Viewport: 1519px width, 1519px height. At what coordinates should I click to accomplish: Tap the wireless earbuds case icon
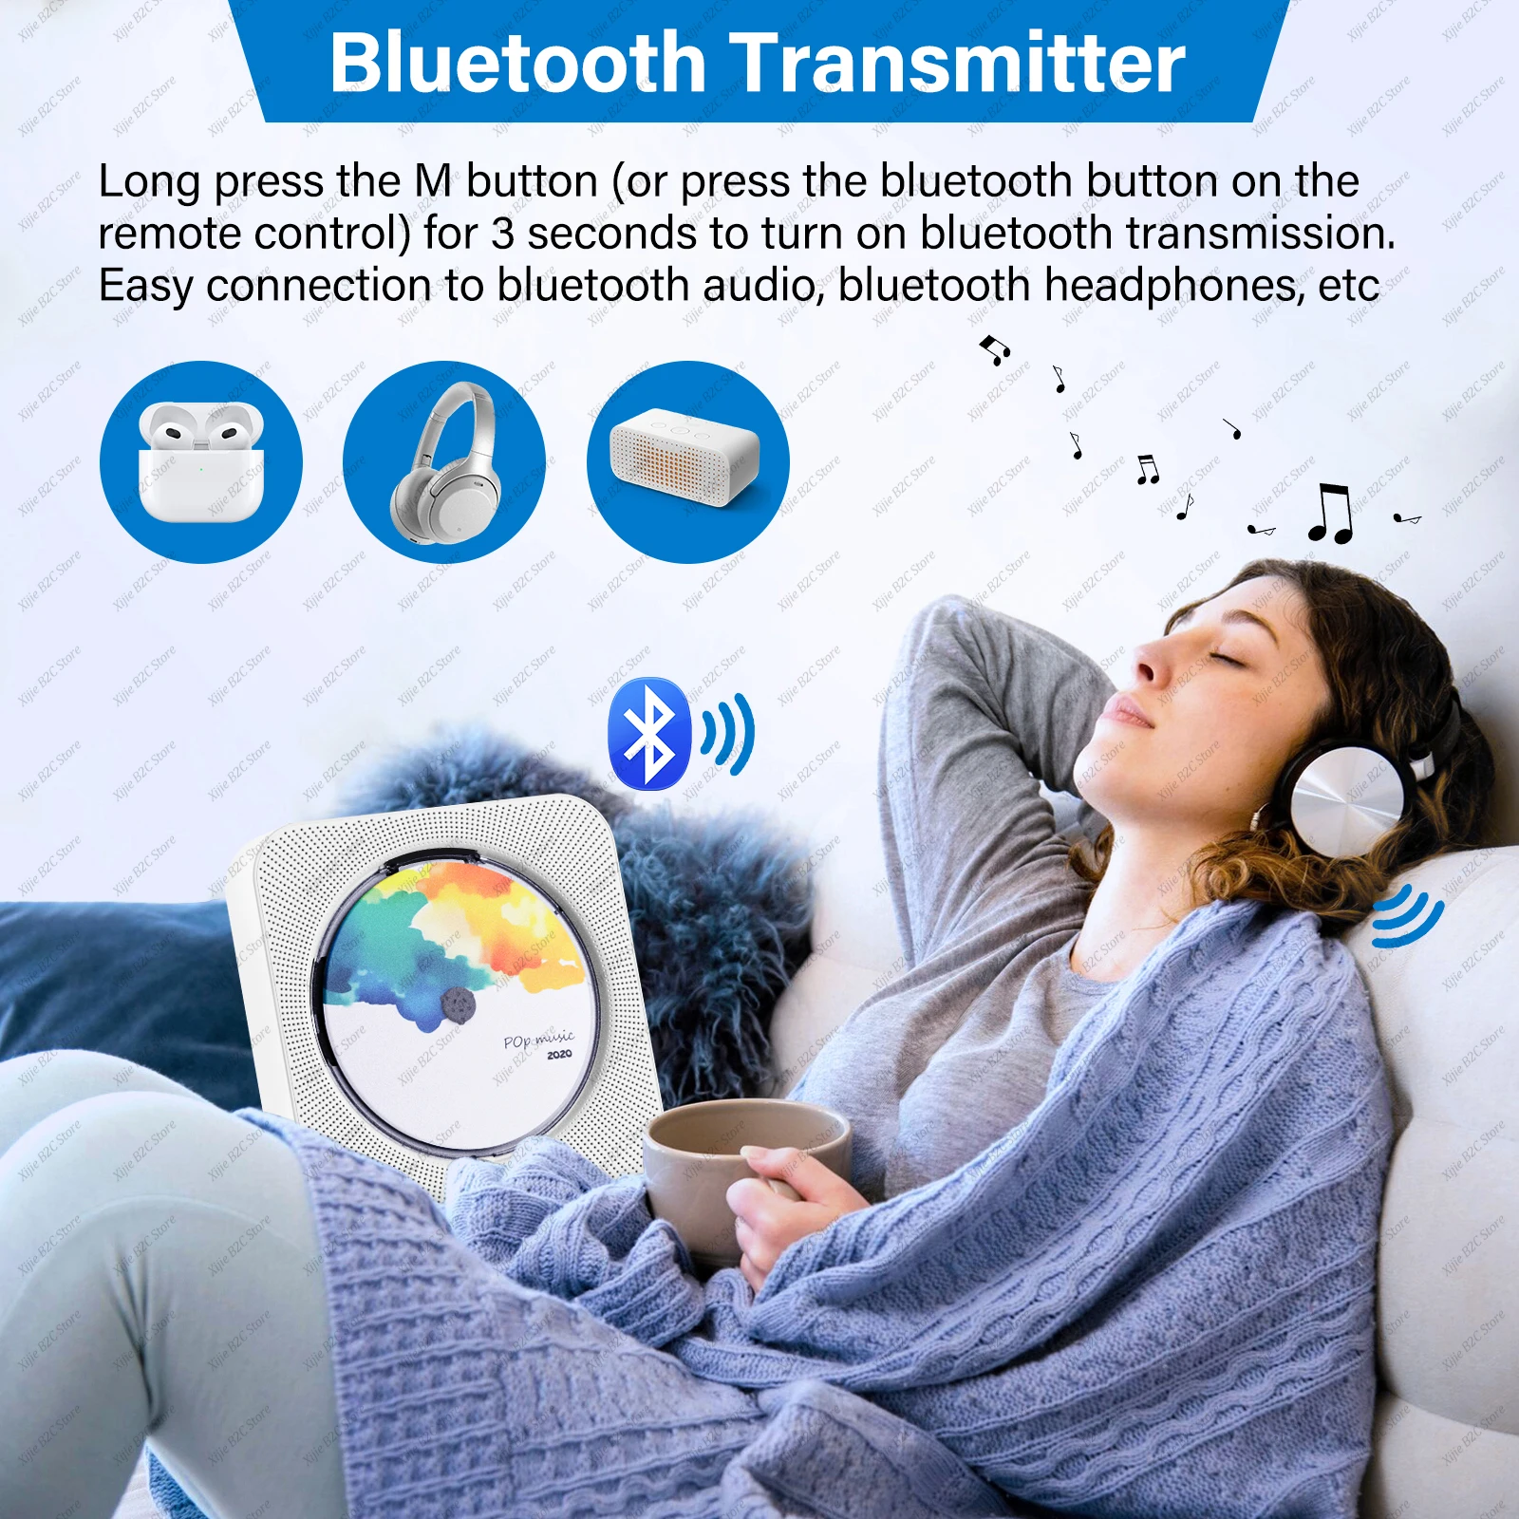click(200, 462)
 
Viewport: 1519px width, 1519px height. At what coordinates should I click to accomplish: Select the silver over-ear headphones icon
click(444, 462)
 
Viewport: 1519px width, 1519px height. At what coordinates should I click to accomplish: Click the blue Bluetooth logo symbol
click(649, 733)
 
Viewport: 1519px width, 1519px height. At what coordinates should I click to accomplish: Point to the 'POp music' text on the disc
click(538, 1040)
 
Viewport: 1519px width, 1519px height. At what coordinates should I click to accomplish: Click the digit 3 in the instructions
click(502, 234)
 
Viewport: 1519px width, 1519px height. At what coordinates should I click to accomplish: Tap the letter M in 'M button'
click(433, 181)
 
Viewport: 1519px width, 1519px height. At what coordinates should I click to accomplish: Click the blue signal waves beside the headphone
click(1408, 915)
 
